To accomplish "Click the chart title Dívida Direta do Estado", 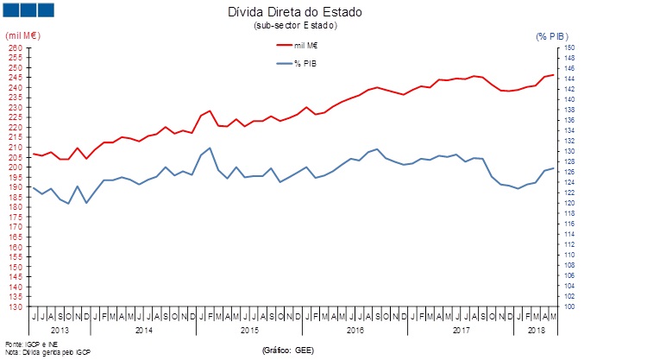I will tap(295, 13).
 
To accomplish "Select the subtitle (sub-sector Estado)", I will tap(295, 26).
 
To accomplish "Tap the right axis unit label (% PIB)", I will tap(553, 35).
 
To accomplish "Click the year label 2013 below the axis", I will tap(60, 330).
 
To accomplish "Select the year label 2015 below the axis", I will tap(249, 330).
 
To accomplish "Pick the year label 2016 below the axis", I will tap(355, 330).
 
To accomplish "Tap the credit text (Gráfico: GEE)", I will tap(287, 351).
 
